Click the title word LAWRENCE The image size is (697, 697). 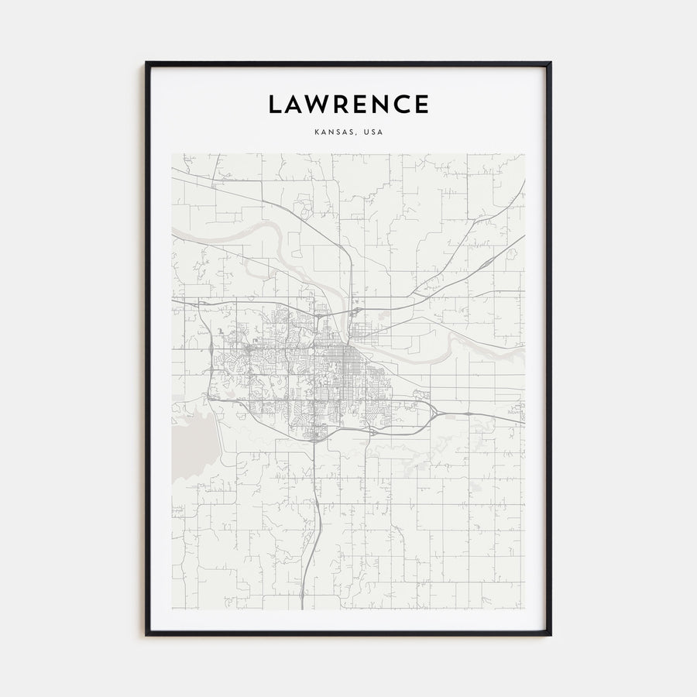pyautogui.click(x=348, y=104)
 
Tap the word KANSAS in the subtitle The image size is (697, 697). pyautogui.click(x=335, y=132)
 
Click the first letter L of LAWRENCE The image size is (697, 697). pyautogui.click(x=275, y=104)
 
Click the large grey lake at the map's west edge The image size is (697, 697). pyautogui.click(x=190, y=438)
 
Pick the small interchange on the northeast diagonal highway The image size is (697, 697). pyautogui.click(x=511, y=252)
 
